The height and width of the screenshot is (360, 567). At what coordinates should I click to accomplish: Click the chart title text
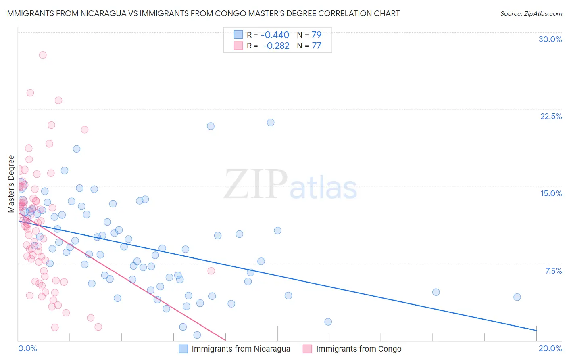click(x=202, y=13)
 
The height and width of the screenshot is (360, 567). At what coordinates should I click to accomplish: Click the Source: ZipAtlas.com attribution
click(x=531, y=14)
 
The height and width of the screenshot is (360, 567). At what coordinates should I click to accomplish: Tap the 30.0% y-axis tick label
click(x=550, y=39)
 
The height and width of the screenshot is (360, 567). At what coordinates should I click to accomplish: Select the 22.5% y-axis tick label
click(x=551, y=116)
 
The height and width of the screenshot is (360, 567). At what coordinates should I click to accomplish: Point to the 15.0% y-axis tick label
click(x=551, y=193)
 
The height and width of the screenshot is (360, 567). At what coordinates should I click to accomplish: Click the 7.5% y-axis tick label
click(x=553, y=271)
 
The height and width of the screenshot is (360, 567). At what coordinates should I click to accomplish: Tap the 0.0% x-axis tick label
click(x=27, y=348)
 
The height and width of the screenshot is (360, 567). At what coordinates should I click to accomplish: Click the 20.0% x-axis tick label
click(x=550, y=348)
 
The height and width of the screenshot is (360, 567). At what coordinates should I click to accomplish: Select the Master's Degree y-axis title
click(x=11, y=184)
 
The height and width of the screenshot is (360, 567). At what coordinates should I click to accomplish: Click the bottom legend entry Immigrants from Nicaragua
click(x=241, y=349)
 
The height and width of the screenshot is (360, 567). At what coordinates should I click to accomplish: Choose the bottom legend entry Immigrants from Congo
click(x=359, y=349)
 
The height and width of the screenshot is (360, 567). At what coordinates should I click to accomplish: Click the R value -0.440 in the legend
click(x=275, y=35)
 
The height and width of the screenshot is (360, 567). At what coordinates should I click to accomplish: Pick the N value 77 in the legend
click(x=317, y=46)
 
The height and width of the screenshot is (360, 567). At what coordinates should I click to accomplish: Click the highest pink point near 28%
click(x=43, y=55)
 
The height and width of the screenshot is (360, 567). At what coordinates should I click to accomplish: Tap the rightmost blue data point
click(x=517, y=297)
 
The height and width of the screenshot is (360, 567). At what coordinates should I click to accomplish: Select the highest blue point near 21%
click(x=271, y=122)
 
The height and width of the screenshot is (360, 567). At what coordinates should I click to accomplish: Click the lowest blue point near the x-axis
click(x=197, y=335)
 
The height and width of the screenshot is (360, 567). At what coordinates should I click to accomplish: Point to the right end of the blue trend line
click(x=536, y=331)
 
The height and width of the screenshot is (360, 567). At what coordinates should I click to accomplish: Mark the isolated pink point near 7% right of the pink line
click(x=211, y=271)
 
